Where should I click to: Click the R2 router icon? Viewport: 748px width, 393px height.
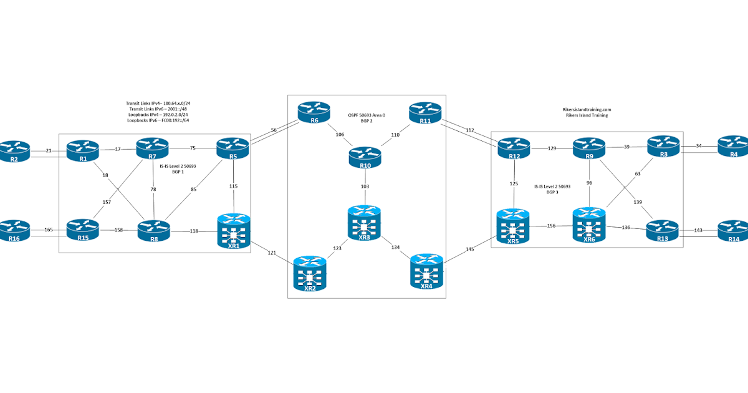pos(14,150)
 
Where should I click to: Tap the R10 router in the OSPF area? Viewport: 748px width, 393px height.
pos(365,157)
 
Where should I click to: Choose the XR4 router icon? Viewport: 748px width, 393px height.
pos(426,272)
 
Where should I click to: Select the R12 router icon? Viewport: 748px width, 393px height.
pos(514,148)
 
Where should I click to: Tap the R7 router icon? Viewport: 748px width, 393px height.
pos(153,148)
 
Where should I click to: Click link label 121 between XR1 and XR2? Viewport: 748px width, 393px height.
pos(272,252)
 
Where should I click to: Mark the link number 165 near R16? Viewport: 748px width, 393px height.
pos(48,230)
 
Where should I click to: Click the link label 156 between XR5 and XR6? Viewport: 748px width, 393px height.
pos(551,226)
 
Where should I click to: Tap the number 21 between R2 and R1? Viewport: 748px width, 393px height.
pos(49,150)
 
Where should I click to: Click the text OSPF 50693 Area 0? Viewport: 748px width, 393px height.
pos(367,115)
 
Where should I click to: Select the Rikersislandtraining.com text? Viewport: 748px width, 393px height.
pos(585,109)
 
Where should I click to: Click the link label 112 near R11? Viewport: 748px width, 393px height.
pos(470,130)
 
